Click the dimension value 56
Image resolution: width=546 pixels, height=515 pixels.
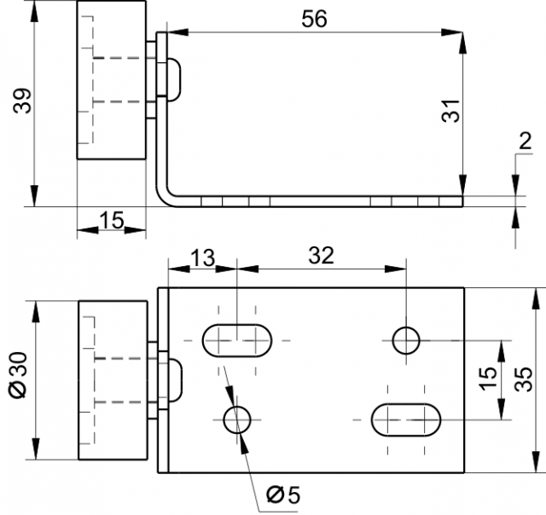[x=314, y=19]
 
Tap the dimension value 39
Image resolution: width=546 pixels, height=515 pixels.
[x=22, y=101]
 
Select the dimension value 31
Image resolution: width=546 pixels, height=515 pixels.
[x=450, y=111]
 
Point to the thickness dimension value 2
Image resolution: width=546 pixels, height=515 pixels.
[x=526, y=142]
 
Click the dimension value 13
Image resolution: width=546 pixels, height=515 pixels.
[x=203, y=257]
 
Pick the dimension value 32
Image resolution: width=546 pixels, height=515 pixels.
[x=321, y=256]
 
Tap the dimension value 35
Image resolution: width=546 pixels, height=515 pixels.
[x=524, y=379]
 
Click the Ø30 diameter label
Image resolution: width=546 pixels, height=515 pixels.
[x=18, y=375]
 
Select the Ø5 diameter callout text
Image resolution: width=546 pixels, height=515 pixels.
[x=282, y=495]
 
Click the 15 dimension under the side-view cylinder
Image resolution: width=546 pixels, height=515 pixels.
[x=112, y=220]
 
